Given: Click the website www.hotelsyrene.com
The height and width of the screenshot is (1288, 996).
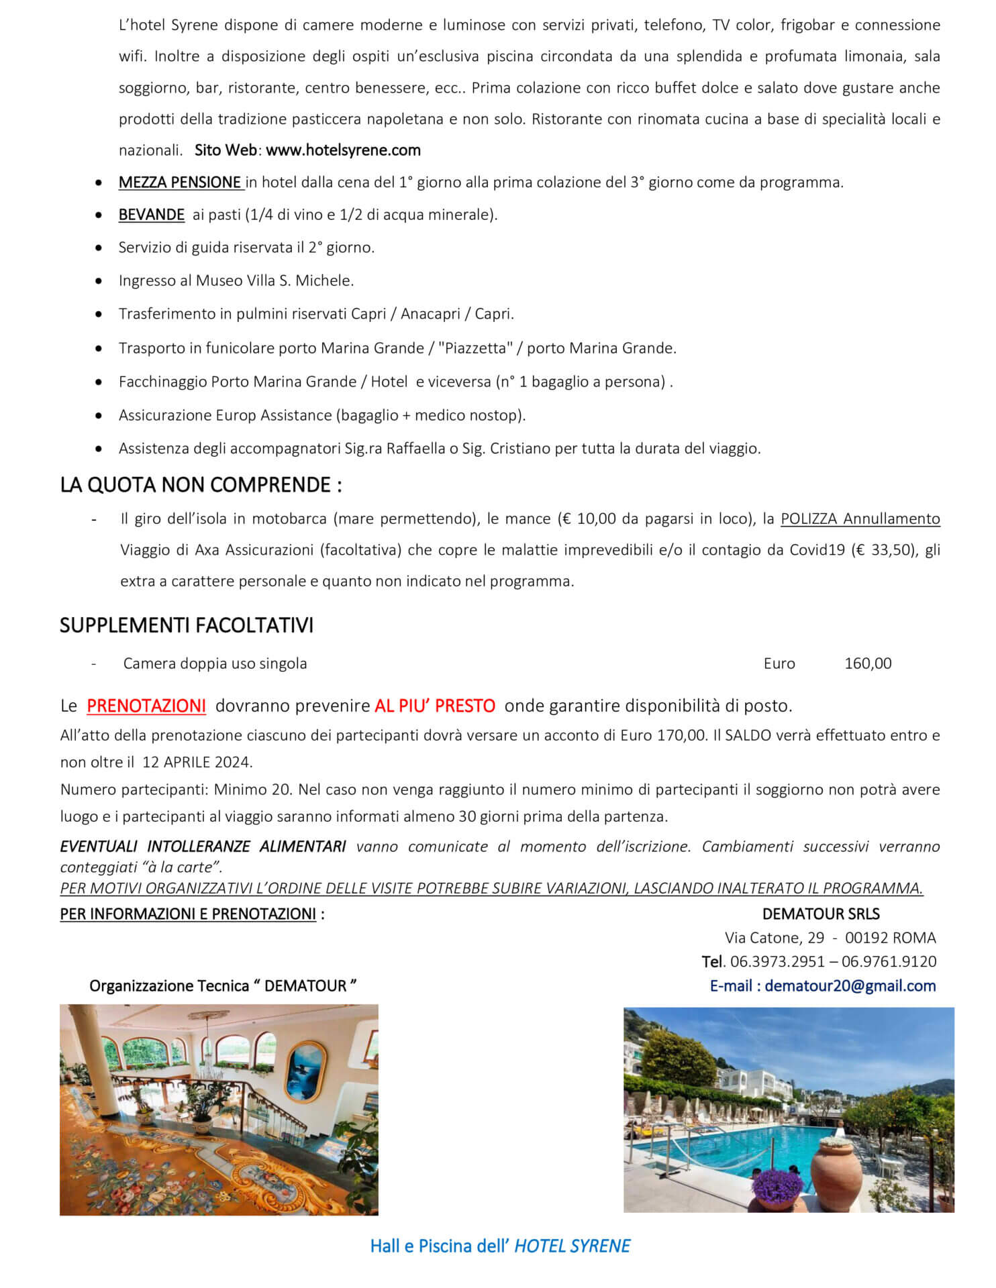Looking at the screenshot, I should (343, 150).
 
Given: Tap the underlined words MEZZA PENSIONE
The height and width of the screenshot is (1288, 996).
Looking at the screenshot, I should (180, 182).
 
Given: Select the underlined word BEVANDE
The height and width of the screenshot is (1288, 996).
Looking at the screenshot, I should (152, 215).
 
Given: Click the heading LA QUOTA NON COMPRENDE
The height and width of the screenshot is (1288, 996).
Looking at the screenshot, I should (201, 484).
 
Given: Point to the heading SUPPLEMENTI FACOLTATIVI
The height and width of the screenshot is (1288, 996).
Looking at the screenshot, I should (187, 625).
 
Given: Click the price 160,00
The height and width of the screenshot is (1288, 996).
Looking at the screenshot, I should (868, 663).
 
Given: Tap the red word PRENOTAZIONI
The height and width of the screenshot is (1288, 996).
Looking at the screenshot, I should (146, 706).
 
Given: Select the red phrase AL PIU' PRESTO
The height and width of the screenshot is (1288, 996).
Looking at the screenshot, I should (435, 706).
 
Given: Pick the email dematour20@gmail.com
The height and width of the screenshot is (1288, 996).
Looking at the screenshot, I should (850, 985).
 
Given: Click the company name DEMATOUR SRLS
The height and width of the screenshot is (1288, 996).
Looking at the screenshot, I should (821, 914).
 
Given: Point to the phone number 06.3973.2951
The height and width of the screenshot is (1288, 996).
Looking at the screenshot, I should (777, 961).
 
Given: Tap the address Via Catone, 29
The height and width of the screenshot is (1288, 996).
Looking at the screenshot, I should (775, 937).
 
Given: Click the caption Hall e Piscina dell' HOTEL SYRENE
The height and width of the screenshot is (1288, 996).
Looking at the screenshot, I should (500, 1246).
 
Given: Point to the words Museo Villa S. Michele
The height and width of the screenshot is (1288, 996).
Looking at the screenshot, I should (275, 280).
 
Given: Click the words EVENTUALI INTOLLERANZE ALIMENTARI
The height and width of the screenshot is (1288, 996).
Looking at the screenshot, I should (203, 847).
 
